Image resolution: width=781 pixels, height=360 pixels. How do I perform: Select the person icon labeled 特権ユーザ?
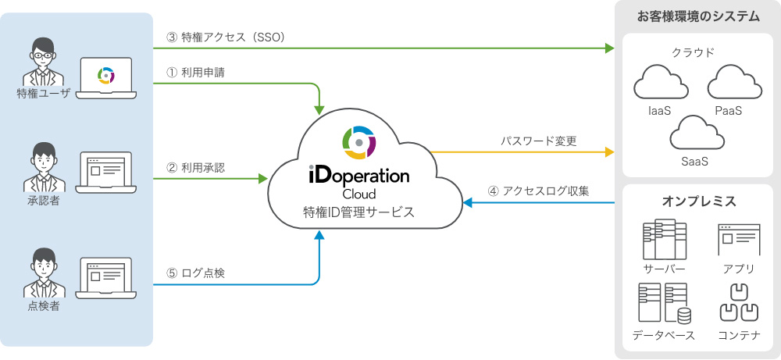(43, 61)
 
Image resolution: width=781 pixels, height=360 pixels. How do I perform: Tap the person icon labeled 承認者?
(43, 166)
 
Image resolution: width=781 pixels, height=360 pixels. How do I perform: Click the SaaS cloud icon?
(694, 134)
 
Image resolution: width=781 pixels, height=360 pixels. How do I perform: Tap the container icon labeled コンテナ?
(738, 303)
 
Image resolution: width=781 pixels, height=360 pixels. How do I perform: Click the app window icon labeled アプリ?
(738, 239)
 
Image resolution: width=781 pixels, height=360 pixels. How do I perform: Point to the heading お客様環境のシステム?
(698, 16)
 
